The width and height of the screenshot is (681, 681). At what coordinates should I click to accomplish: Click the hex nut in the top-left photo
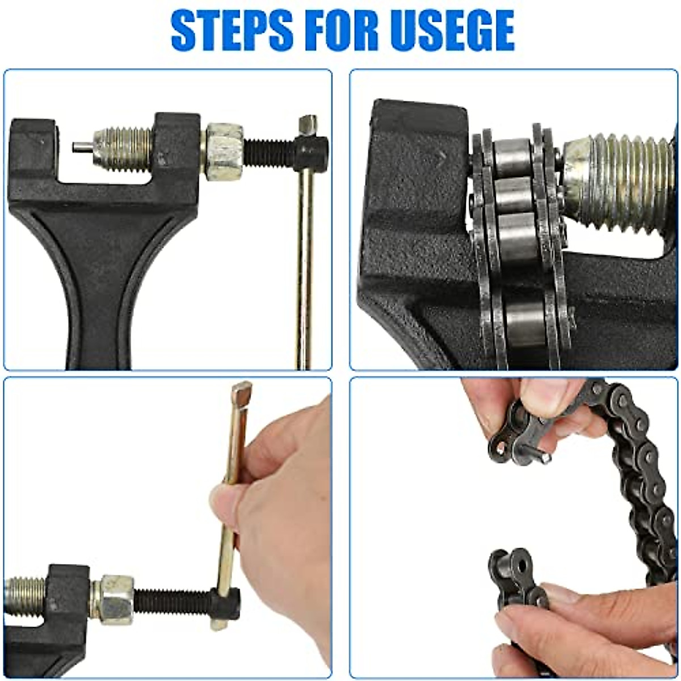pos(224,152)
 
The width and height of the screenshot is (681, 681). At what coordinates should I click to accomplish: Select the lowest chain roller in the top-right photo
pos(525,323)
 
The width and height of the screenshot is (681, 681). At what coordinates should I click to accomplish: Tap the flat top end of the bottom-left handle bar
pos(242,393)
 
